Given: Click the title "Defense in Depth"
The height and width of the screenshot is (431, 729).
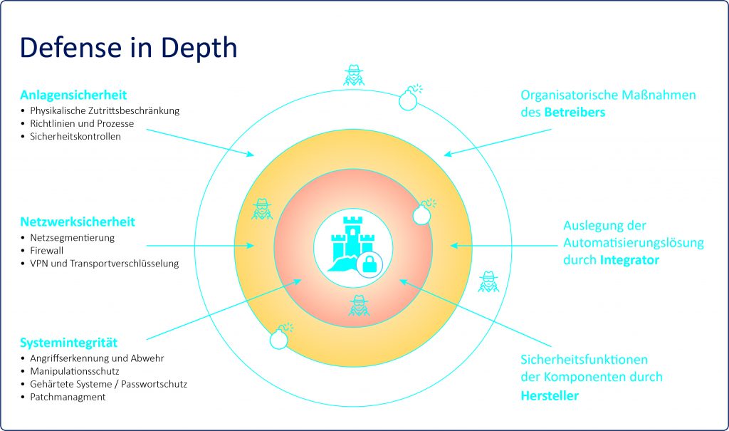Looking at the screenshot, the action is (128, 48).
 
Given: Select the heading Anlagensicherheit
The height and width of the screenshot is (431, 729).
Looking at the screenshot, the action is (73, 95).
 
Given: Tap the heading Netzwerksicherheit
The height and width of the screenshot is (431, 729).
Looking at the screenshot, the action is (78, 222).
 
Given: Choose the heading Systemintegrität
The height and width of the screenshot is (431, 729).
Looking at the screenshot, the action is (69, 343).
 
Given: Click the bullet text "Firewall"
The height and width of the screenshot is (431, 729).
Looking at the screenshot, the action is (46, 251).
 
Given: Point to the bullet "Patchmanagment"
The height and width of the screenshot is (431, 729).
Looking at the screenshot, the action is (68, 397).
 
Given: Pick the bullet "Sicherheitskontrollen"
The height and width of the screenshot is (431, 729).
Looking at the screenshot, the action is (75, 136).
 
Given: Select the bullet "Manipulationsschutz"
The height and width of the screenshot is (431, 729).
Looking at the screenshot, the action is (74, 371).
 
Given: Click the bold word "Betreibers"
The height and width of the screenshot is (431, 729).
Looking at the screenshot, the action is (575, 112).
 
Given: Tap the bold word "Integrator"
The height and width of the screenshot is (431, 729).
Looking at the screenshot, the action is (629, 260).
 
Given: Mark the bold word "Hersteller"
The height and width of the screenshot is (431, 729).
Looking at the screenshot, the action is (550, 395).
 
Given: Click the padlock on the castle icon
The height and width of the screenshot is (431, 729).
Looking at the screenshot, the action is (369, 265).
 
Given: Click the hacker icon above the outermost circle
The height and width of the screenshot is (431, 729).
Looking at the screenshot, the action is (354, 75).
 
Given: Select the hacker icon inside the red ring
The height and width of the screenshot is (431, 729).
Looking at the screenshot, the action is (359, 306).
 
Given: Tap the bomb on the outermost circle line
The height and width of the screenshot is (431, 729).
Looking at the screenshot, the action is (410, 98).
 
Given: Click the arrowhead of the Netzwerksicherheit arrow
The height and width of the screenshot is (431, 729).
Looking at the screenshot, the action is (250, 245).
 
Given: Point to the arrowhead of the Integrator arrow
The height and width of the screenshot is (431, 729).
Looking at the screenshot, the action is (455, 245).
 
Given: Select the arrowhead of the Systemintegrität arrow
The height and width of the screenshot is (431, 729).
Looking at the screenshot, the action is (297, 281).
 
